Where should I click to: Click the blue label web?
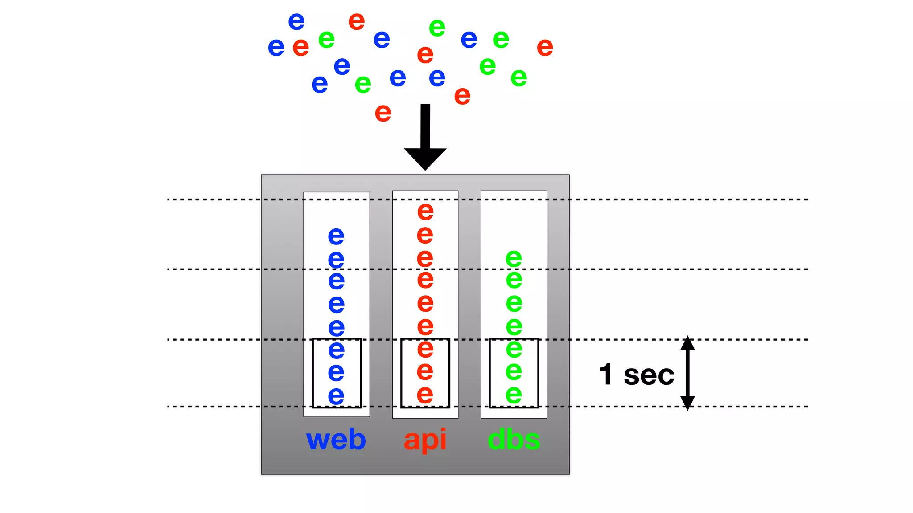(336, 440)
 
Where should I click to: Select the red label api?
(424, 440)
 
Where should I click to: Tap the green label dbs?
(514, 440)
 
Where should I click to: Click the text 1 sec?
(637, 375)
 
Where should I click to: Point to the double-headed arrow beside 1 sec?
(687, 373)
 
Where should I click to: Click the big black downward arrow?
(425, 138)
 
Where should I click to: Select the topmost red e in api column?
(425, 212)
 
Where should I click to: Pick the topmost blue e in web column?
(336, 236)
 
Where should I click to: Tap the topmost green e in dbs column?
(514, 258)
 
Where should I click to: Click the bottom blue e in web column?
(336, 396)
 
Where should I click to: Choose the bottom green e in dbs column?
(514, 395)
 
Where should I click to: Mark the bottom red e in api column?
(425, 395)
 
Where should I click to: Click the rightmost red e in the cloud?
(545, 47)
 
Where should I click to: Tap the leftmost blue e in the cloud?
(276, 47)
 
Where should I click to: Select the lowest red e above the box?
(383, 113)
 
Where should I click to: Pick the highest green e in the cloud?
(437, 28)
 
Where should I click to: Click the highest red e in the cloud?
(356, 21)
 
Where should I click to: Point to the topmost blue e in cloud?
(296, 21)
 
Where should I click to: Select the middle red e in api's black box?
(425, 371)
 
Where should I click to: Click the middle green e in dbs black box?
(514, 371)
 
